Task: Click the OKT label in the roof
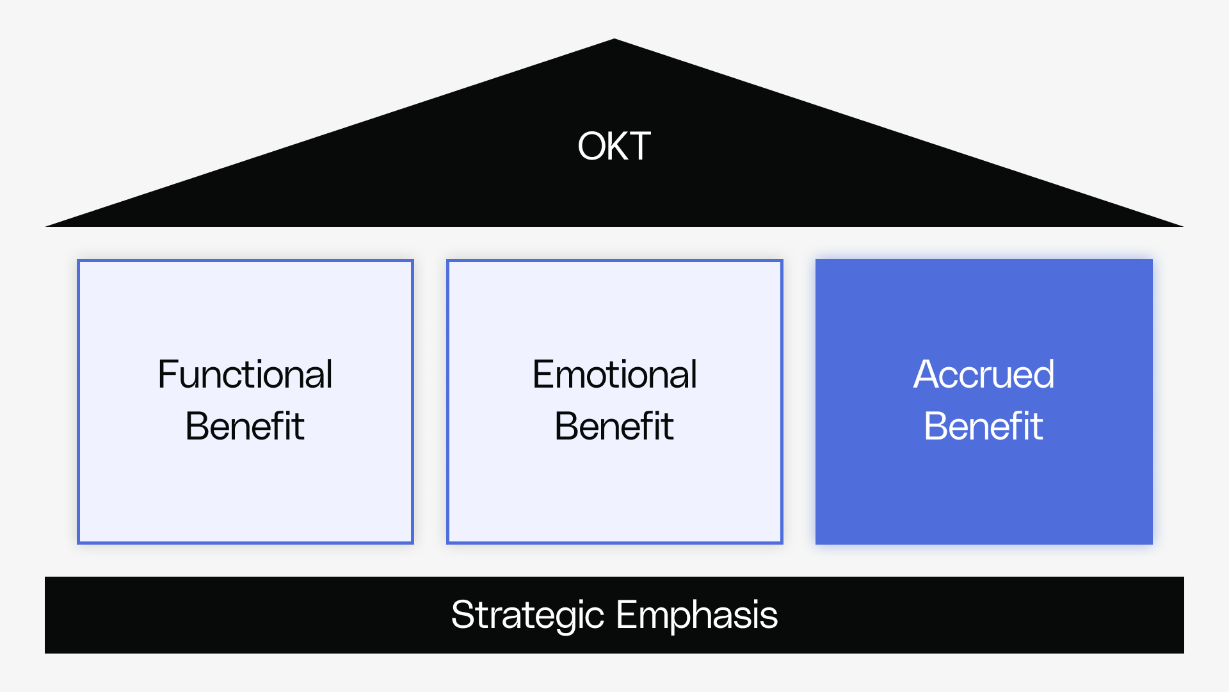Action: click(614, 146)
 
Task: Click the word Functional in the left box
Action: click(245, 374)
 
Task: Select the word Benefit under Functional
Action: click(245, 426)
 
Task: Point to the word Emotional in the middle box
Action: click(614, 374)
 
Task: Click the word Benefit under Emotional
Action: click(614, 426)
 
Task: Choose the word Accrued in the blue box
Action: click(983, 374)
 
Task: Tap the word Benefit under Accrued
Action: click(983, 426)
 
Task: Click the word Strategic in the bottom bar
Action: click(527, 615)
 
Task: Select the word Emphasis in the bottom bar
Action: click(696, 615)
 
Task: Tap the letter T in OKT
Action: click(639, 146)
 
